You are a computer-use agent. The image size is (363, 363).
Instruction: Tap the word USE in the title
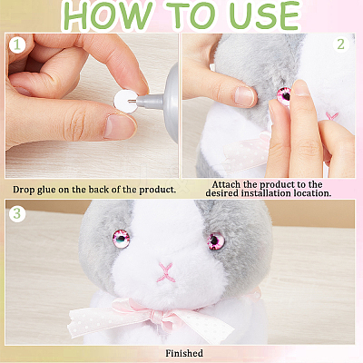tap(264, 15)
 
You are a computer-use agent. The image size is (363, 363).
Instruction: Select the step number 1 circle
tap(17, 45)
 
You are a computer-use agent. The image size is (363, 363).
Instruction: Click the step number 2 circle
tap(341, 44)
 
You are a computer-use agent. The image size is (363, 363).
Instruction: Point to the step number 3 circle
tap(17, 213)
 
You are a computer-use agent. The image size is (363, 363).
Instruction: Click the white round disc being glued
tap(125, 102)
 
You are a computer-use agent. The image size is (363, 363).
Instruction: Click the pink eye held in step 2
tap(284, 95)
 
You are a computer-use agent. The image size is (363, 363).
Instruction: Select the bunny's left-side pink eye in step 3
tap(122, 239)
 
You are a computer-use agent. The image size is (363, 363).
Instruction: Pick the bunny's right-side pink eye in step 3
tap(216, 241)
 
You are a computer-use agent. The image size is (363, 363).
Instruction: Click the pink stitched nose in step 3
tap(166, 272)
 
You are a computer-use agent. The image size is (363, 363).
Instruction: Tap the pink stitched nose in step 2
tap(331, 116)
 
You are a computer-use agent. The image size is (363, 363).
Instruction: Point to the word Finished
tap(184, 353)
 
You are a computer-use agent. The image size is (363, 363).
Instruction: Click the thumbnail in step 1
tap(119, 127)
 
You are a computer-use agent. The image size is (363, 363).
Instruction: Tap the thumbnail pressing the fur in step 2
tap(244, 96)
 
